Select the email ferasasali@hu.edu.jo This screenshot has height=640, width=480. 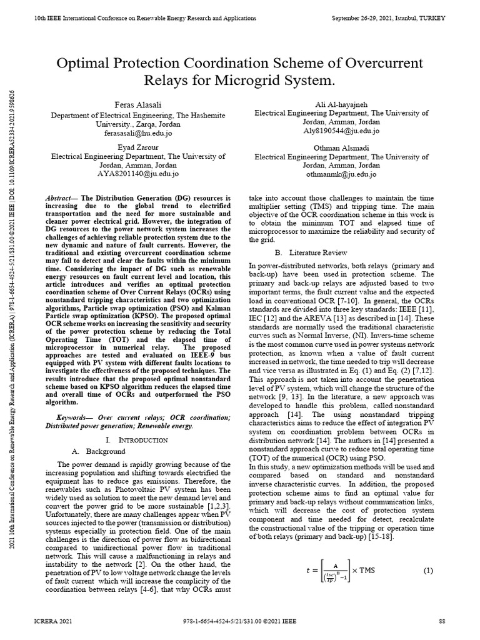click(x=137, y=133)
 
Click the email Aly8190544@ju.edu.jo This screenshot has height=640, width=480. click(x=341, y=131)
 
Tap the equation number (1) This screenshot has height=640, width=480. click(x=428, y=571)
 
